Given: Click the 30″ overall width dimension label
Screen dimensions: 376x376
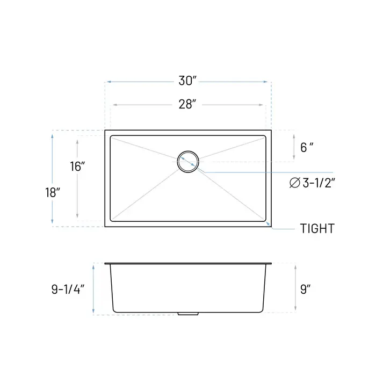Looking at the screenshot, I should click(x=188, y=81).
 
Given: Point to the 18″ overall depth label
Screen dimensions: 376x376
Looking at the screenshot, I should click(x=52, y=193).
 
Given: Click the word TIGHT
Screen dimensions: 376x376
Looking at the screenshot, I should click(x=317, y=229).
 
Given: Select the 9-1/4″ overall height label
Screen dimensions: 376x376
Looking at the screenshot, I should click(x=68, y=290).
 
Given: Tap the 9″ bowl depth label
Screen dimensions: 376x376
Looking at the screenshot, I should click(x=306, y=290).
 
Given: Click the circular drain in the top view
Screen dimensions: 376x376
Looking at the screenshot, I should click(x=188, y=161).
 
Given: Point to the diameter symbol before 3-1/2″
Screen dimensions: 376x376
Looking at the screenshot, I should click(x=294, y=183).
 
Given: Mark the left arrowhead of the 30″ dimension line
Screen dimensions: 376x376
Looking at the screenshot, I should click(x=107, y=82).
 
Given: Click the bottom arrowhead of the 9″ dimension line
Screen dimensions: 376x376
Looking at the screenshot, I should click(x=295, y=309).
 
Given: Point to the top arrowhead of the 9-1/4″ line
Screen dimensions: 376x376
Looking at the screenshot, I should click(x=93, y=266).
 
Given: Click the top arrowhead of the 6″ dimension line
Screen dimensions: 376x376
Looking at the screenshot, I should click(x=294, y=136).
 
